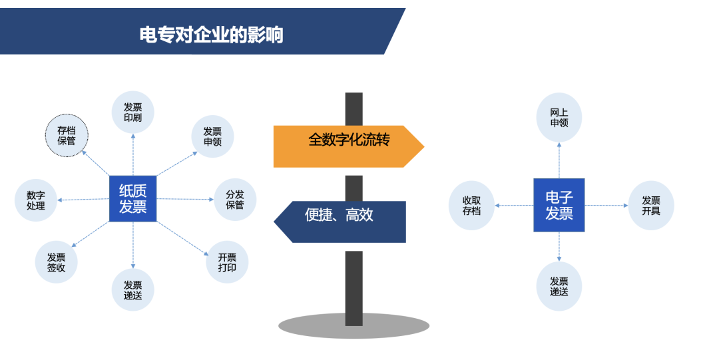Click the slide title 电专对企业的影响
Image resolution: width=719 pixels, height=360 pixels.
coord(211,34)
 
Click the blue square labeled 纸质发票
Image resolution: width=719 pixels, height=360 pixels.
coord(132,198)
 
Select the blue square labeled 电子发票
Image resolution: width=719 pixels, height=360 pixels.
coord(559,205)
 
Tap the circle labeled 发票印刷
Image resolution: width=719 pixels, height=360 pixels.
coord(132,112)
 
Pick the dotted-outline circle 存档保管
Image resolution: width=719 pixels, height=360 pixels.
coord(66,135)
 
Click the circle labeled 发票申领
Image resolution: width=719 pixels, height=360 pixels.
coord(212,136)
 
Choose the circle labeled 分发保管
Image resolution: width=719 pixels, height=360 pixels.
coord(235,200)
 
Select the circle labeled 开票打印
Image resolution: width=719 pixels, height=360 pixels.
coord(227,262)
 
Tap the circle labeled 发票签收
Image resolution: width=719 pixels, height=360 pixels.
coord(57,262)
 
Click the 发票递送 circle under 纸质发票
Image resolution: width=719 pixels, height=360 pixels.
coord(132,290)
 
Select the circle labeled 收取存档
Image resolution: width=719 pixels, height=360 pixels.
coord(471,206)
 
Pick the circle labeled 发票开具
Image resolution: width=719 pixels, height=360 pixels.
coord(651,206)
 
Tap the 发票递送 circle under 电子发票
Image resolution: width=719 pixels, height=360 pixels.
coord(559,287)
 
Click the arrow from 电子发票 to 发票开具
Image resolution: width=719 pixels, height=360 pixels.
coord(606,206)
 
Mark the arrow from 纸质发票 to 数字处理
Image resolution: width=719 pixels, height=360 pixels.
coord(84,199)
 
